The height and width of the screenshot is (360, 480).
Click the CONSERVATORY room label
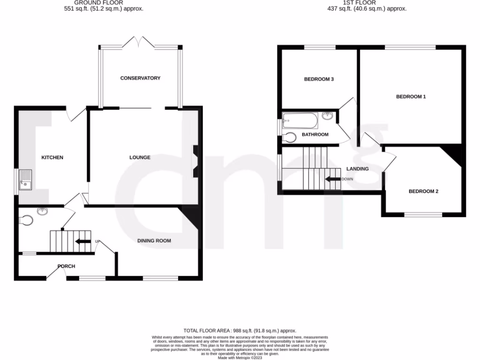[x=140, y=78]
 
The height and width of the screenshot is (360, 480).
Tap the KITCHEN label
[x=52, y=157]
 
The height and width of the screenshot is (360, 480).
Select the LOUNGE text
[x=140, y=157]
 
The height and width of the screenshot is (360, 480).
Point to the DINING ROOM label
[x=154, y=241]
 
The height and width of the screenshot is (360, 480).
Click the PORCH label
[x=66, y=266]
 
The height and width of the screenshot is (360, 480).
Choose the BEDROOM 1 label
[x=411, y=97]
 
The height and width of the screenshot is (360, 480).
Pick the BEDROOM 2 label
[x=423, y=191]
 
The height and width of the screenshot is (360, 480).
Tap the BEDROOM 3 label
[x=319, y=79]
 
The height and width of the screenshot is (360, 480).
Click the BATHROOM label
[x=315, y=135]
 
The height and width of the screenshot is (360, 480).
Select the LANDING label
[x=357, y=169]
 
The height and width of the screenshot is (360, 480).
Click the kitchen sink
[x=24, y=181]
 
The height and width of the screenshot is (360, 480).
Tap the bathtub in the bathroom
[x=300, y=120]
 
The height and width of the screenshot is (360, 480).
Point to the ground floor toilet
[x=26, y=220]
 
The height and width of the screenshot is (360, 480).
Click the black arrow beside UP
[x=83, y=241]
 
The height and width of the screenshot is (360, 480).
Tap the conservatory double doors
[x=139, y=43]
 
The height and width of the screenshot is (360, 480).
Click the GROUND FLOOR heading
[x=104, y=2]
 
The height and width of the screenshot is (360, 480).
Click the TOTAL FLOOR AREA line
[x=240, y=331]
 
